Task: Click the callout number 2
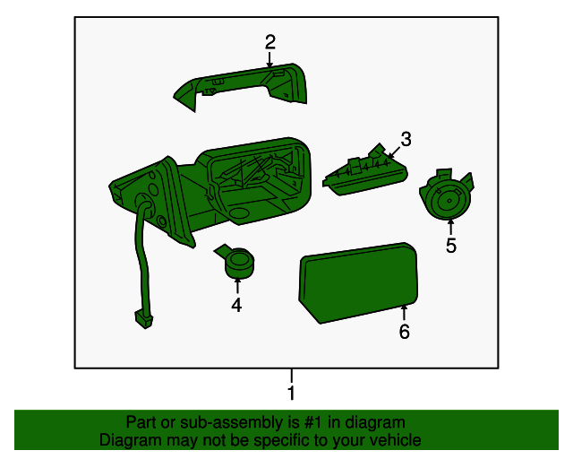[x=269, y=41]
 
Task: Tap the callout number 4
[x=236, y=306]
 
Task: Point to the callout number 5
[x=451, y=245]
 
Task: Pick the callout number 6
[x=404, y=333]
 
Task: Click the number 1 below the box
[x=290, y=393]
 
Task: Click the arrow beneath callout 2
[x=269, y=59]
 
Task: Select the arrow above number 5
[x=450, y=226]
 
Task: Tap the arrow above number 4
[x=236, y=285]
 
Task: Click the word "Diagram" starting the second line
[x=128, y=440]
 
